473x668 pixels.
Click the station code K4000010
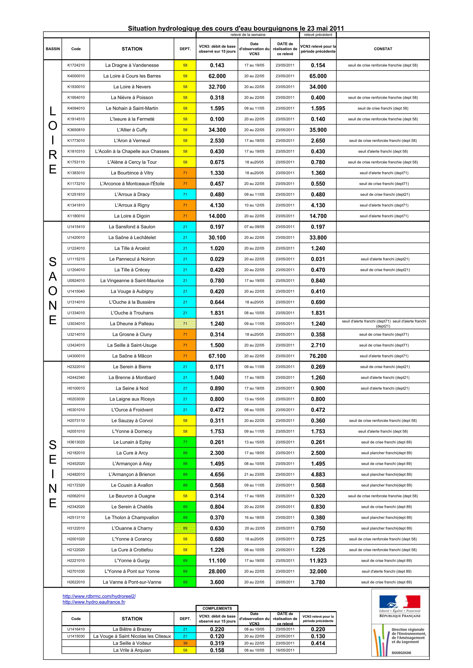pyautogui.click(x=76, y=76)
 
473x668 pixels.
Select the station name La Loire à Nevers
pyautogui.click(x=132, y=87)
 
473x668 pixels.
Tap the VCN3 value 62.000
pyautogui.click(x=217, y=76)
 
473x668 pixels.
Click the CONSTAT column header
pyautogui.click(x=383, y=49)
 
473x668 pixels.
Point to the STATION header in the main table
pyautogui.click(x=132, y=49)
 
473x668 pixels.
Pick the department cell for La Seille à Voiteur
pyautogui.click(x=185, y=643)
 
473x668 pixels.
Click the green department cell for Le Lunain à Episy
pyautogui.click(x=185, y=442)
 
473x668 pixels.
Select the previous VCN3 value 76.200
pyautogui.click(x=318, y=356)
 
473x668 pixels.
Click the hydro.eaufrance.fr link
pyautogui.click(x=94, y=602)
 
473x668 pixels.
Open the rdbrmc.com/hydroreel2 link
pyautogui.click(x=99, y=596)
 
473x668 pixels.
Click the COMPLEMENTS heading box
pyautogui.click(x=217, y=608)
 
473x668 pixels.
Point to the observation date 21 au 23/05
pyautogui.click(x=254, y=474)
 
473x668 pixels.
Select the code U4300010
pyautogui.click(x=76, y=356)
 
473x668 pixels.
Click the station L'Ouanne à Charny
pyautogui.click(x=132, y=528)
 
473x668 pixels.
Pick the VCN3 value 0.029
pyautogui.click(x=217, y=259)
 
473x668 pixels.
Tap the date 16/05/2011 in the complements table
pyautogui.click(x=285, y=650)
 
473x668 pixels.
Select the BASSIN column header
pyautogui.click(x=53, y=49)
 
